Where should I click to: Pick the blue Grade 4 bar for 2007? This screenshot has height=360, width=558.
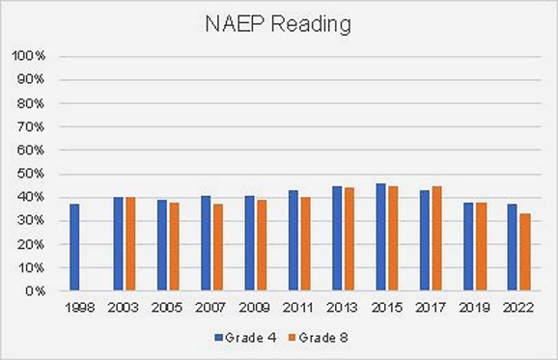[x=206, y=243]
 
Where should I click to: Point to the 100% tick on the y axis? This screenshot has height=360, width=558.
[x=29, y=56]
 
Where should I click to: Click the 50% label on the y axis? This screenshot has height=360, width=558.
[x=32, y=174]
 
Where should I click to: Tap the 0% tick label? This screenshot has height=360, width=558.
[x=36, y=291]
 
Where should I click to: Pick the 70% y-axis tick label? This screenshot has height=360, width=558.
[x=32, y=126]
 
